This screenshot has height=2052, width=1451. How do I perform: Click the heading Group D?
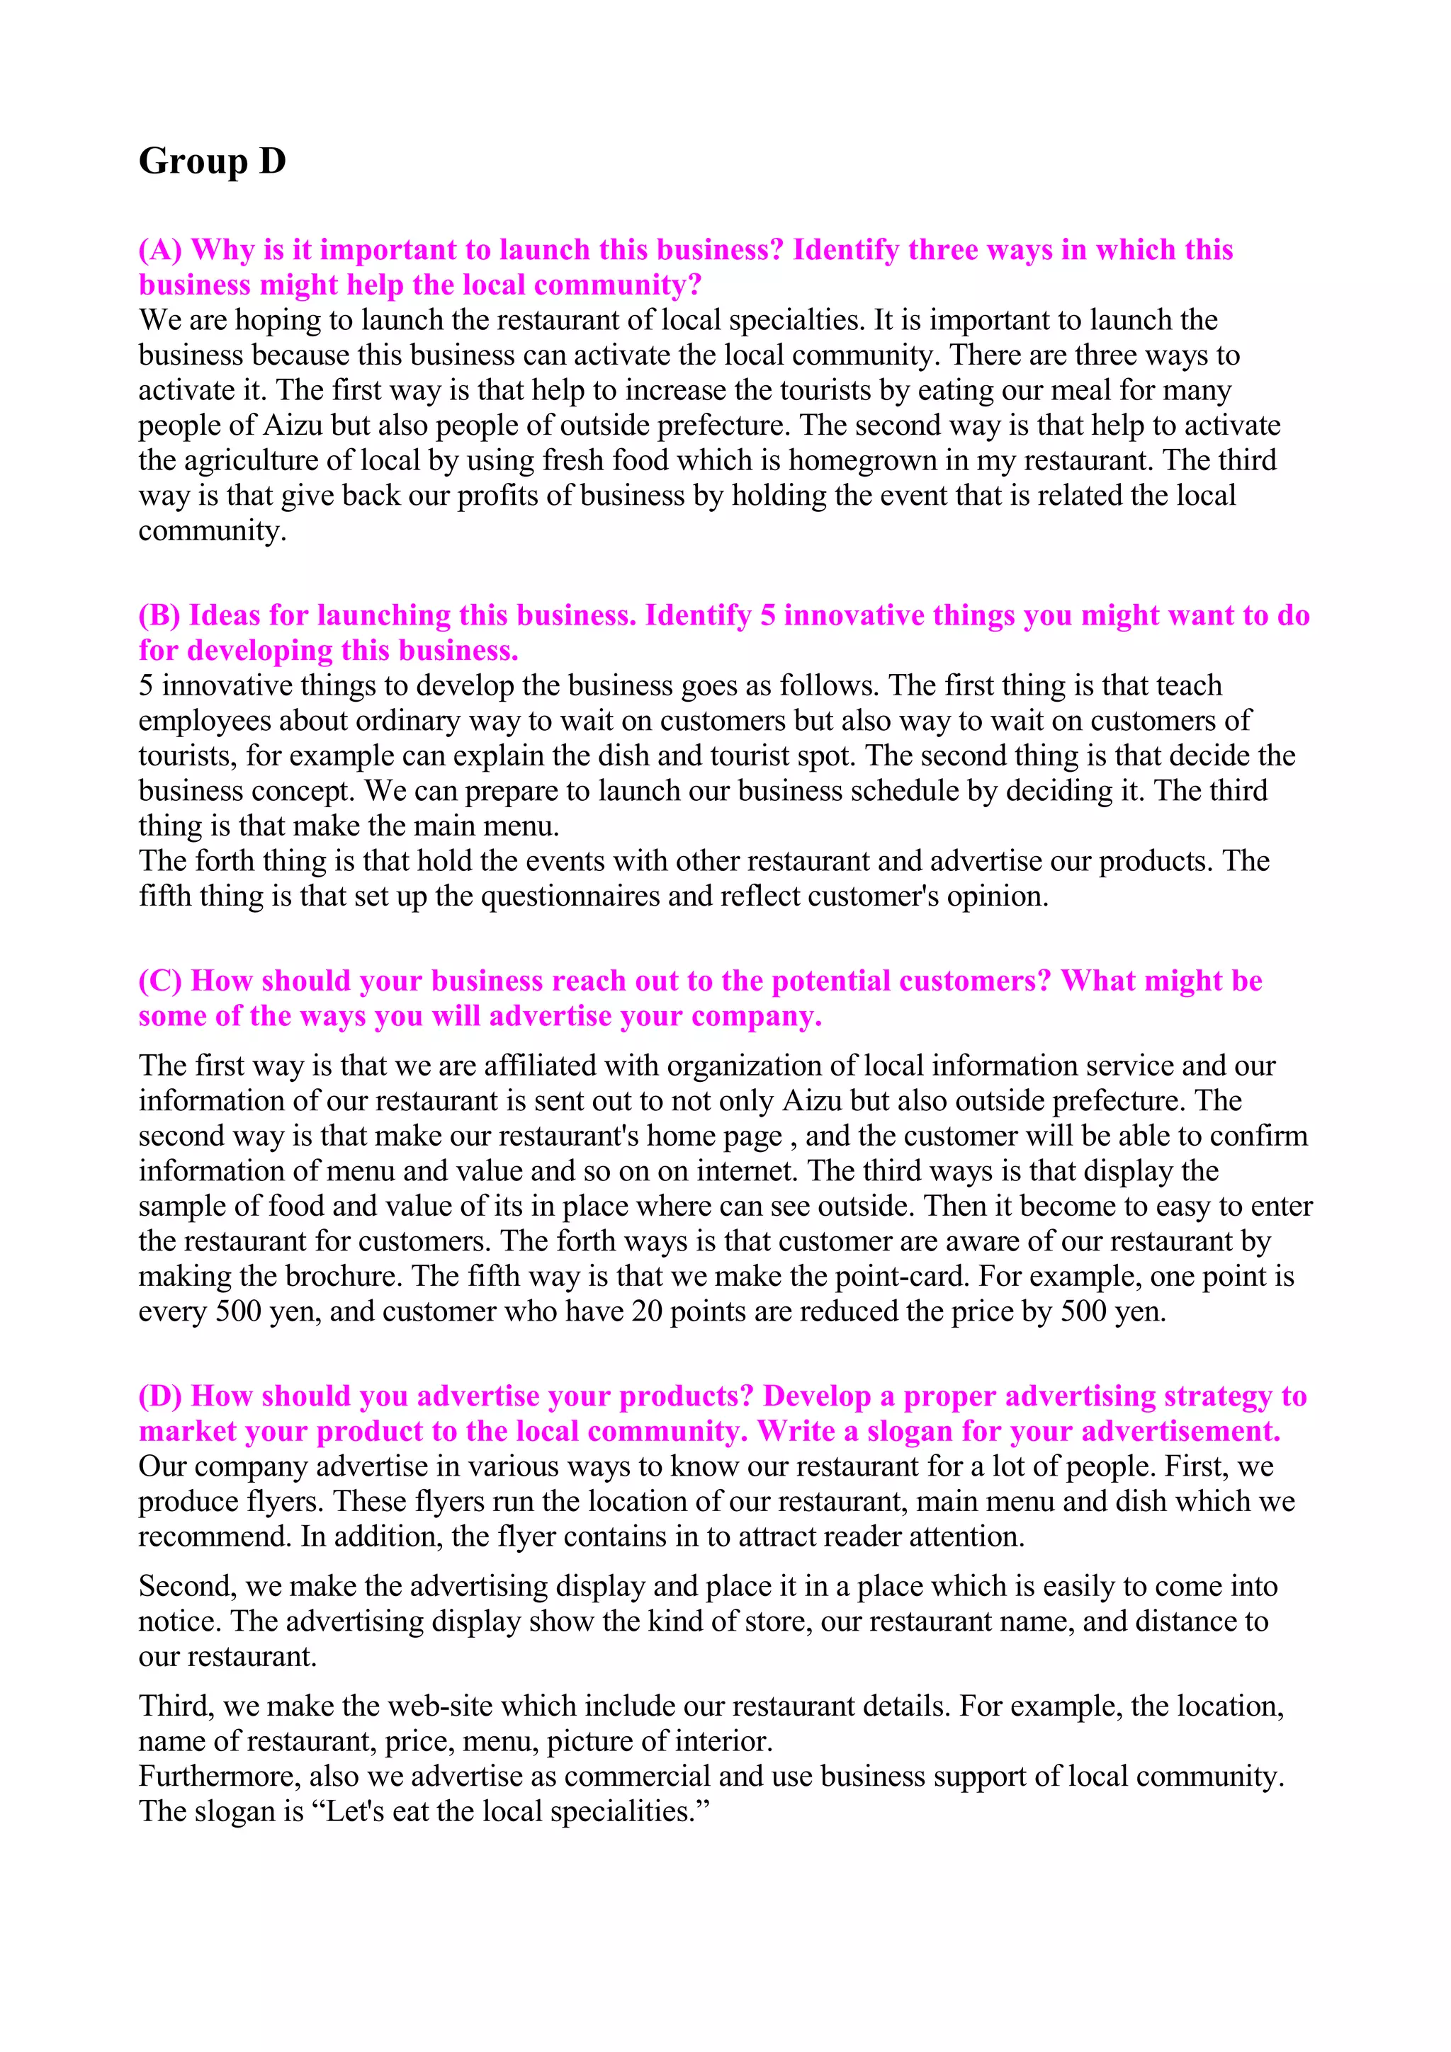point(212,161)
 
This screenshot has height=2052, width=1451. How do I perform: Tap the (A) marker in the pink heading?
point(160,250)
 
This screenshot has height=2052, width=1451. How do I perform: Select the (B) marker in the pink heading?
point(159,616)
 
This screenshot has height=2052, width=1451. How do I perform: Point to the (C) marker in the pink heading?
point(160,981)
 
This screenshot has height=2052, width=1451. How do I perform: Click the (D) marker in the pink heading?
point(160,1396)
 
